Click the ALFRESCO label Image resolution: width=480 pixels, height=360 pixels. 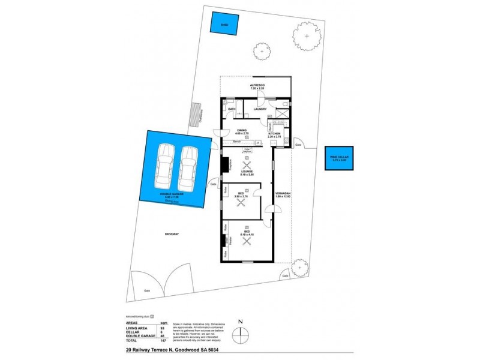point(257,85)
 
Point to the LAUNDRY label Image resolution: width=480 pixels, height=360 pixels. point(260,109)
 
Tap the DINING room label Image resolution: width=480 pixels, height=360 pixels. point(242,130)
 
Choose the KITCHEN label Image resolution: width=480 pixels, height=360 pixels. point(283,134)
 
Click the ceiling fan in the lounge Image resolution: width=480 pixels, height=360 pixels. point(246,166)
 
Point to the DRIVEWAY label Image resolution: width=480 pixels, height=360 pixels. point(173,234)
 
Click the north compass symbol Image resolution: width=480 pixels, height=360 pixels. point(241,333)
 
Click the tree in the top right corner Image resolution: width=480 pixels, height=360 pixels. point(307,37)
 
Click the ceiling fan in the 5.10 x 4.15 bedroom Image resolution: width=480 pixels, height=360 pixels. point(246,241)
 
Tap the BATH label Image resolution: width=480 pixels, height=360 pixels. point(231,109)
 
